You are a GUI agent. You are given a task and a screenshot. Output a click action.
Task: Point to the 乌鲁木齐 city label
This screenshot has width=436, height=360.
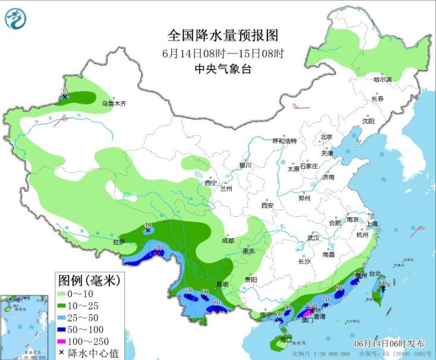(113, 103)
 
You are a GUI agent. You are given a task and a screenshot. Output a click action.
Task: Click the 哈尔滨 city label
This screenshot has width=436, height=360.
(383, 79)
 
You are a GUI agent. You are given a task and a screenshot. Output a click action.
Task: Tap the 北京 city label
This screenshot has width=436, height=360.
(327, 136)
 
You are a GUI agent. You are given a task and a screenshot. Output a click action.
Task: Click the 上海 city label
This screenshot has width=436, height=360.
(372, 224)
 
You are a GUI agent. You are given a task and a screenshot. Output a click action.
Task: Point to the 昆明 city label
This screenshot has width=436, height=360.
(222, 285)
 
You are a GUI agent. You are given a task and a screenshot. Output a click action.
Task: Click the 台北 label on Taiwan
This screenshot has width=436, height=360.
(374, 274)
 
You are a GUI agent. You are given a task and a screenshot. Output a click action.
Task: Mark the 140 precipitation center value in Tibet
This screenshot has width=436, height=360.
(157, 248)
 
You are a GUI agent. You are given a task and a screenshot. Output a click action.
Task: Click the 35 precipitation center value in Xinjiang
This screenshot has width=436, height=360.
(65, 91)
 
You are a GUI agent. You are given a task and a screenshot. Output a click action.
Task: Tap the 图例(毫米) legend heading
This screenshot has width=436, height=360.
(89, 279)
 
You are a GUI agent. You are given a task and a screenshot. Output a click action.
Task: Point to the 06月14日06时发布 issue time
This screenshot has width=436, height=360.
(390, 344)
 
